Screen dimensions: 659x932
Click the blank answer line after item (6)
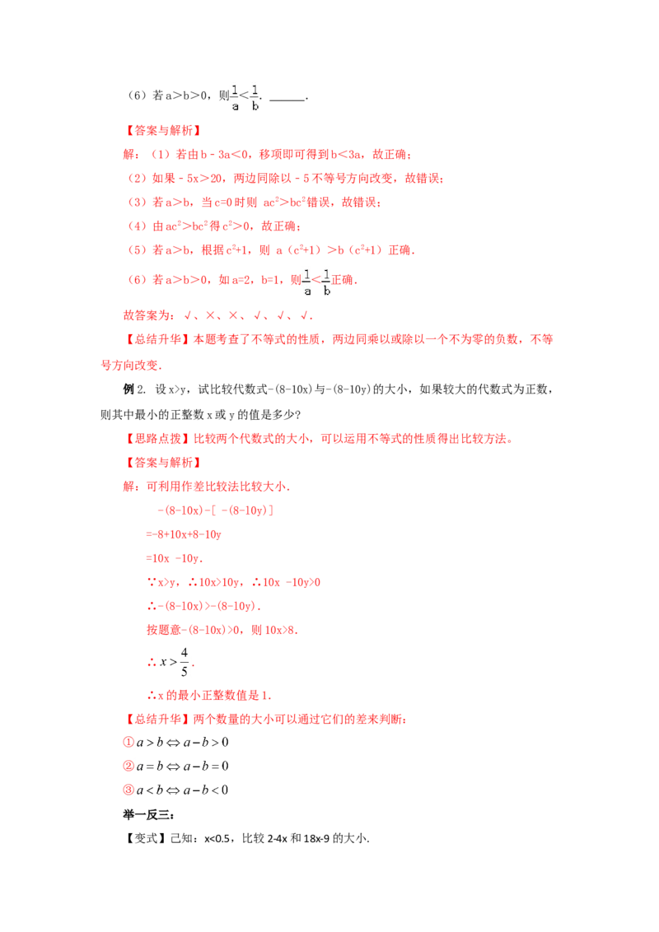tap(287, 100)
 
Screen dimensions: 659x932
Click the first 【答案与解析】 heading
tap(163, 131)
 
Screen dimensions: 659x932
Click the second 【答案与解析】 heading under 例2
tap(163, 463)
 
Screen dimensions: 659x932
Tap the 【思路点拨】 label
tap(157, 439)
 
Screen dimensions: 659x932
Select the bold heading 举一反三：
tap(149, 814)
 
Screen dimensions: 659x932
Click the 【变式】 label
tap(145, 838)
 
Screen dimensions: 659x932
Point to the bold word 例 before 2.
tap(129, 389)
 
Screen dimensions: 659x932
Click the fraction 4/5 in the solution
tap(185, 662)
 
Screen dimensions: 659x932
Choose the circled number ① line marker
tap(129, 742)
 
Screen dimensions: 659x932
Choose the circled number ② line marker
tap(129, 766)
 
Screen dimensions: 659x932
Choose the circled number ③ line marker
tap(129, 790)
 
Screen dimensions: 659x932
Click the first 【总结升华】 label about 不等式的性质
tap(157, 339)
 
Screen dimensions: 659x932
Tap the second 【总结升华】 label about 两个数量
tap(157, 720)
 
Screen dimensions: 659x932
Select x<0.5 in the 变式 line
tap(217, 839)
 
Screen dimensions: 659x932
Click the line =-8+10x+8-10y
tap(184, 534)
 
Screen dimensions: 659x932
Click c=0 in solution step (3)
tap(223, 202)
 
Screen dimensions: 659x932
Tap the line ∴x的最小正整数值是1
tap(209, 695)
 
